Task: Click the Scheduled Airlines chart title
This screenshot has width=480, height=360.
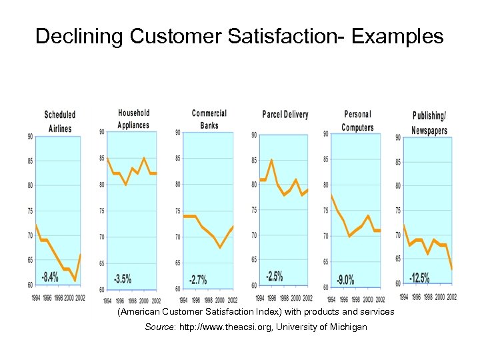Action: point(60,121)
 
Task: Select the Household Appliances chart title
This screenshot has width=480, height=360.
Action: point(134,119)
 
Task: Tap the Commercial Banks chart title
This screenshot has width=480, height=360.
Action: point(209,119)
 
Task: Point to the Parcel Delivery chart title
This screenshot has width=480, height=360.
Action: point(285,115)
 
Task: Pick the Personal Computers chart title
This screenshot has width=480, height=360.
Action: point(358,121)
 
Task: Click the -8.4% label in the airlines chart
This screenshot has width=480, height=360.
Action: point(50,276)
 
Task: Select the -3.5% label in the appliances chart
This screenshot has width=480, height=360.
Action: point(123,279)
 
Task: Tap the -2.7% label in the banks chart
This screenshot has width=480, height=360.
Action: point(197,279)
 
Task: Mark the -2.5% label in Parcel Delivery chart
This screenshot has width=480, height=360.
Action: point(274,275)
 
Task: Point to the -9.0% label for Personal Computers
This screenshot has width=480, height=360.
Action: point(346,279)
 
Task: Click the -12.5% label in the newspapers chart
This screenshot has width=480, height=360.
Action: point(420,277)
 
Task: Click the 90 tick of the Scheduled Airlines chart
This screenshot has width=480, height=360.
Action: point(30,137)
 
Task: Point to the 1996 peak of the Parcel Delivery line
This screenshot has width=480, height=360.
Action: point(271,160)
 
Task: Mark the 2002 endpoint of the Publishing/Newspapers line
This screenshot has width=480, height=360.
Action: point(452,269)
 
